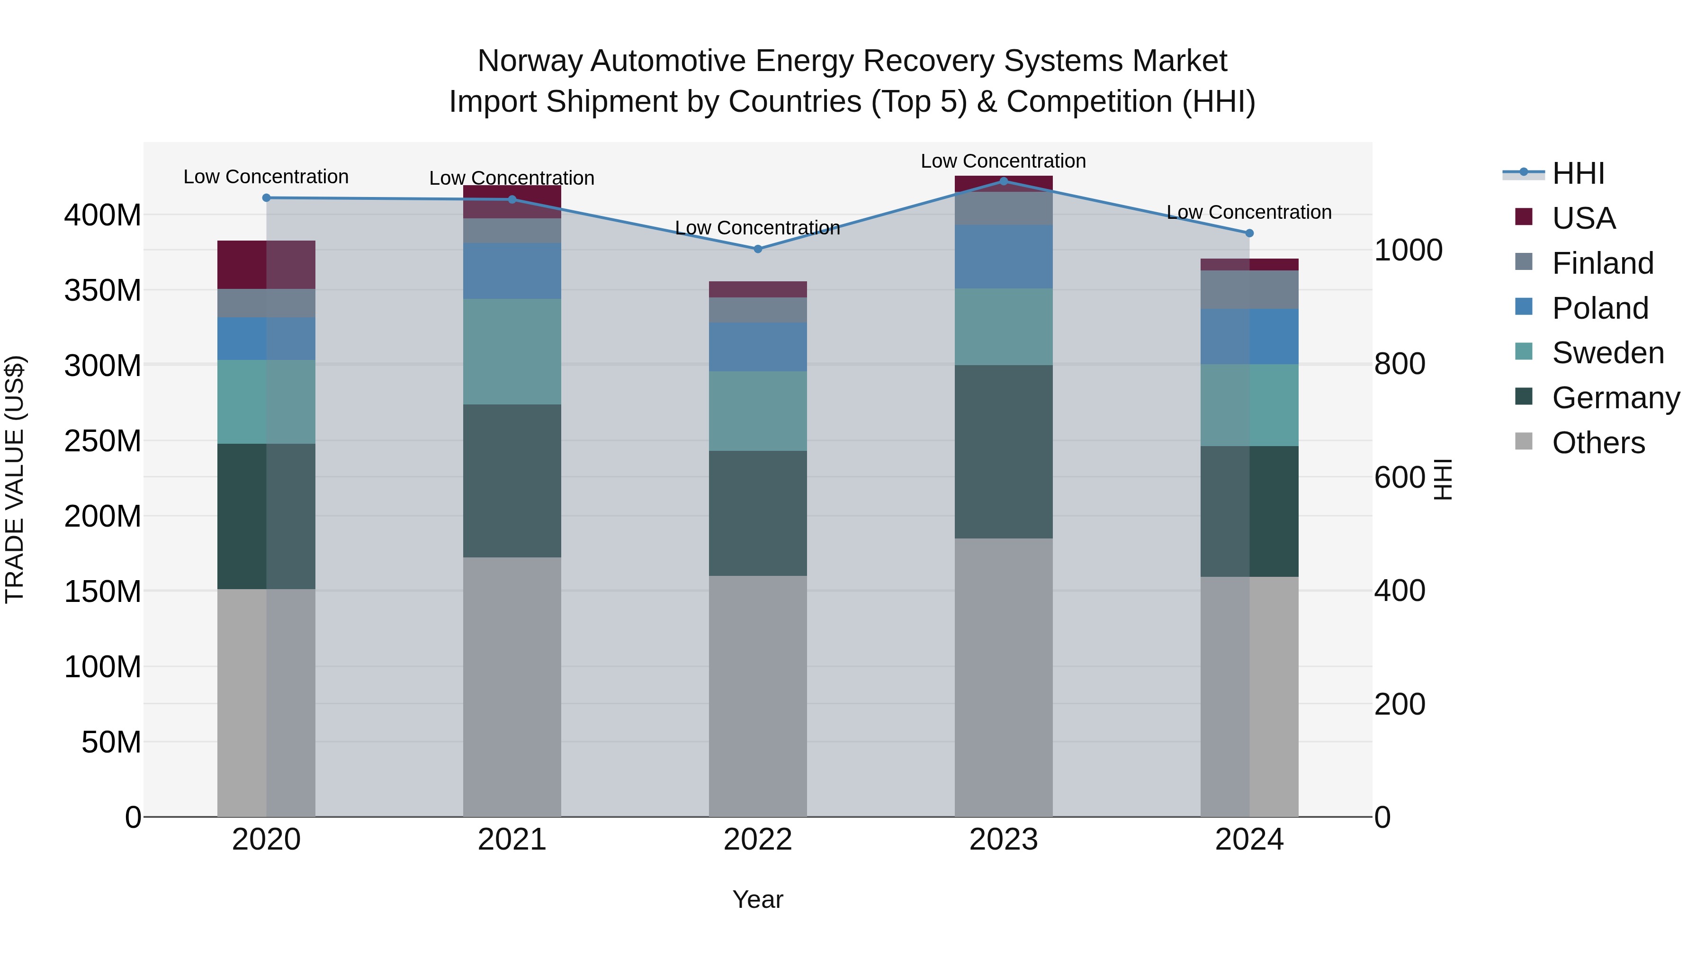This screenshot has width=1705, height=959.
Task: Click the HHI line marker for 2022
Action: tap(758, 249)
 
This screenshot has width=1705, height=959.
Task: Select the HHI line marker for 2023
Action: tap(1004, 181)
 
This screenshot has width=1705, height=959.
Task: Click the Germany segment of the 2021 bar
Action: tap(511, 481)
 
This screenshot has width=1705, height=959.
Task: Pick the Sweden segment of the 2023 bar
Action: tap(1004, 326)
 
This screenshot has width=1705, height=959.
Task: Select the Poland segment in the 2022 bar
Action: tap(758, 347)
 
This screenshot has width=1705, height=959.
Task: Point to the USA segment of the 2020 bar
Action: tap(266, 265)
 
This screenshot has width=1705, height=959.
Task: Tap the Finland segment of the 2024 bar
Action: tap(1249, 289)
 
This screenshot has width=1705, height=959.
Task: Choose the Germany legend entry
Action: tap(1615, 398)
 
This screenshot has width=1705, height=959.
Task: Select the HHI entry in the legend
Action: tap(1578, 173)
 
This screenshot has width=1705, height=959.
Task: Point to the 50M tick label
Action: tap(110, 743)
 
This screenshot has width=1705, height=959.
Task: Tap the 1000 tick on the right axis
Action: tap(1408, 250)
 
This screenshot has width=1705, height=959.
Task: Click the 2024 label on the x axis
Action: tap(1249, 840)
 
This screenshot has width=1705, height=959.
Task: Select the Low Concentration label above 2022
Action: tap(757, 228)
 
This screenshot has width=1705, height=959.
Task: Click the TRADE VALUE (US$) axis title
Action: tap(15, 479)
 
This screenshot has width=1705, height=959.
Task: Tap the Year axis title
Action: tap(757, 899)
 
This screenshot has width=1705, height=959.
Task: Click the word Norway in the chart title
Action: tap(529, 61)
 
